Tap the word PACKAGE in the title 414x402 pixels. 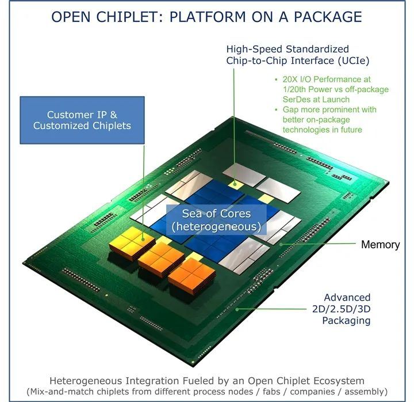pyautogui.click(x=328, y=17)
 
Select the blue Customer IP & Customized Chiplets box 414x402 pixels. pyautogui.click(x=82, y=120)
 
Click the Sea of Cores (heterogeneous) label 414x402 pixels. pyautogui.click(x=216, y=220)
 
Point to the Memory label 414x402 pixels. pyautogui.click(x=380, y=245)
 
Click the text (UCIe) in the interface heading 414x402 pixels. pyautogui.click(x=353, y=61)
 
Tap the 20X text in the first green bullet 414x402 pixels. pyautogui.click(x=289, y=79)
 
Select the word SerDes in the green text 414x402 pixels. pyautogui.click(x=296, y=100)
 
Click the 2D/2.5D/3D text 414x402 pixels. pyautogui.click(x=341, y=309)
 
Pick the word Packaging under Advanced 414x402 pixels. pyautogui.click(x=346, y=321)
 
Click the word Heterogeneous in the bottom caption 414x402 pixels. pyautogui.click(x=86, y=381)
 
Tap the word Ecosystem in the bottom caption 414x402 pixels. pyautogui.click(x=339, y=381)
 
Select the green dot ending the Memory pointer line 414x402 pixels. pyautogui.click(x=281, y=244)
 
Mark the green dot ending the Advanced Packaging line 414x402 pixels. pyautogui.click(x=237, y=309)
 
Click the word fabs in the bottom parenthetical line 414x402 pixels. pyautogui.click(x=271, y=392)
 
